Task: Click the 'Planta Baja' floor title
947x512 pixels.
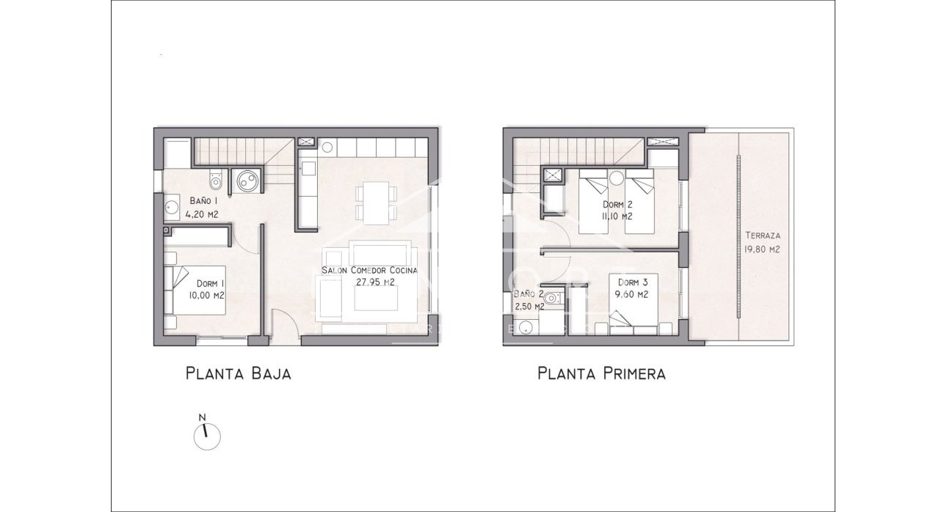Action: (239, 374)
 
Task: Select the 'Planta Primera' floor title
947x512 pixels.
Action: (601, 374)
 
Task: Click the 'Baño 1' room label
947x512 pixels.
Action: (203, 200)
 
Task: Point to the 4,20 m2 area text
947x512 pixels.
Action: (202, 214)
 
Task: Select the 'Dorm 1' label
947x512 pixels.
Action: (210, 283)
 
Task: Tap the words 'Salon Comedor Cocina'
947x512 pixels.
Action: (369, 270)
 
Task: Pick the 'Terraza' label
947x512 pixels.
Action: (761, 236)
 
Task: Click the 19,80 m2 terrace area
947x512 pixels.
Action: (761, 249)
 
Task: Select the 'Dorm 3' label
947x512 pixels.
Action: (632, 282)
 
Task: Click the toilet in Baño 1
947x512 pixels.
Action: (214, 179)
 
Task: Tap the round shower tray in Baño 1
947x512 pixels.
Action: (247, 180)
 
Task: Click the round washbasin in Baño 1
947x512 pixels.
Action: (173, 207)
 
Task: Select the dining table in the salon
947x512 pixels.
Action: (375, 203)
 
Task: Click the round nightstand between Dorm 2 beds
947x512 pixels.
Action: (617, 178)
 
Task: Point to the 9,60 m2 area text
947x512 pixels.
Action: (632, 295)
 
